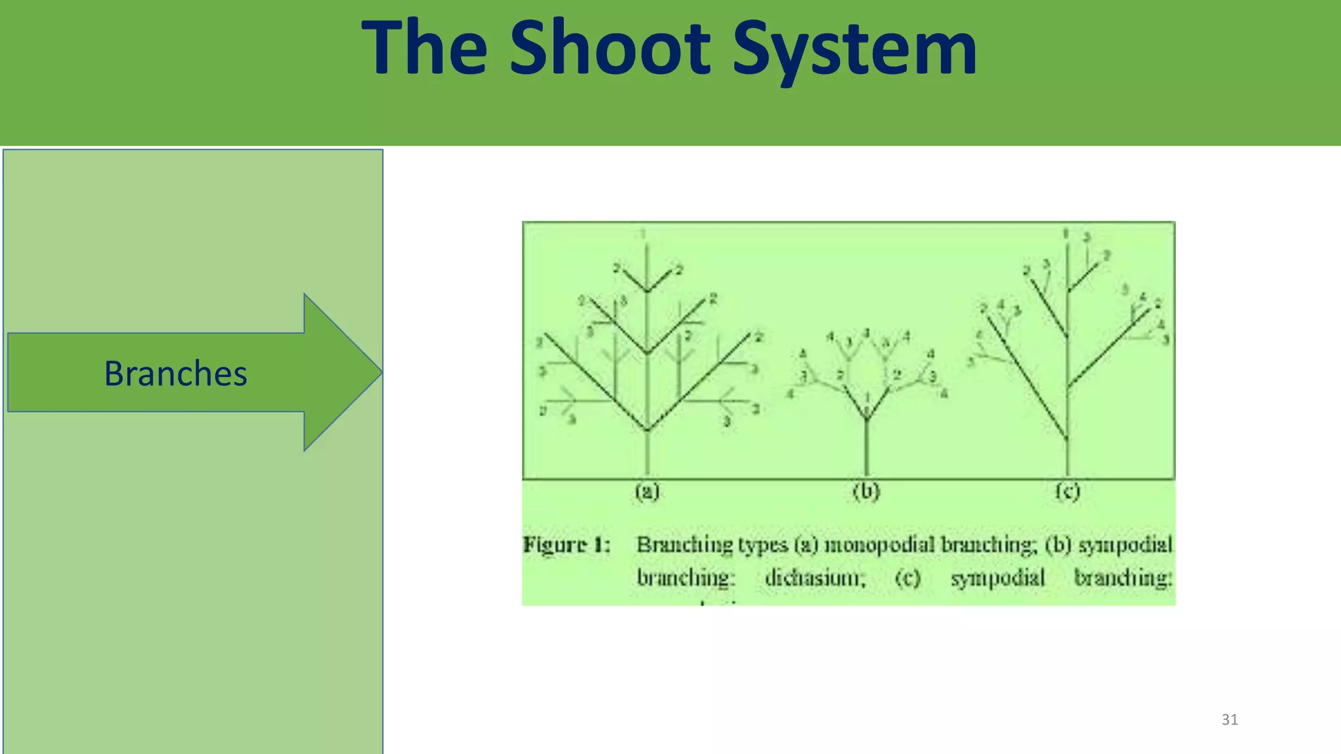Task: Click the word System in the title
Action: click(854, 49)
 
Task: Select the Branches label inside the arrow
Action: click(175, 374)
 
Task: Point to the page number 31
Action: click(1230, 719)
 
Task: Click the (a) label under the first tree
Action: click(647, 491)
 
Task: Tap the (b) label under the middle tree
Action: click(866, 491)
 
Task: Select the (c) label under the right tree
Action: click(1067, 491)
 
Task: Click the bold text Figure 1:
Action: click(566, 545)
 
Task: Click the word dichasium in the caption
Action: click(815, 578)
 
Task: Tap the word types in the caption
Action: click(763, 545)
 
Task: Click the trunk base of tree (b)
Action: click(866, 468)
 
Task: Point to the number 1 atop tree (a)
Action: click(643, 233)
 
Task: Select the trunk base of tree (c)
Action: click(1067, 468)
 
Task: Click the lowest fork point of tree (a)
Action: click(647, 430)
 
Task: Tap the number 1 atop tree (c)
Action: click(1066, 233)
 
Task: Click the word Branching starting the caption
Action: click(684, 545)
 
